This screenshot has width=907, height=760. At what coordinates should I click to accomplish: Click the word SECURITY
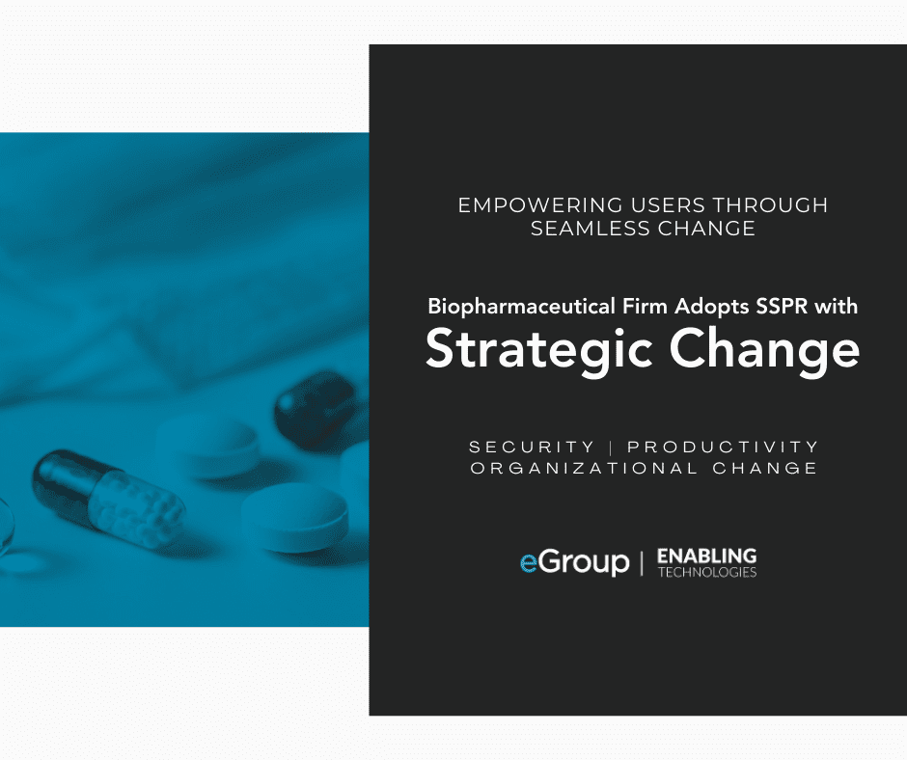[x=532, y=448]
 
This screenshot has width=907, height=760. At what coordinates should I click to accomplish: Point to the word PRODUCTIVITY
[x=723, y=448]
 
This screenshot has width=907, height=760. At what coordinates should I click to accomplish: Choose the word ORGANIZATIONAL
[x=584, y=468]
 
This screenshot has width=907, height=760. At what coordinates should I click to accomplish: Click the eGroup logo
[x=574, y=562]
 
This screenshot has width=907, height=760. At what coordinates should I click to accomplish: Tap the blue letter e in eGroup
[x=529, y=564]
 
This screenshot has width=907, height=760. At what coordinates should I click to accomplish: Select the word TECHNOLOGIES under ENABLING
[x=707, y=572]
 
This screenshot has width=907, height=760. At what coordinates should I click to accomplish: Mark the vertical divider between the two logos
[x=642, y=563]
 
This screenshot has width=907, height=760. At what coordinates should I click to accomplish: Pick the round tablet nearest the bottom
[x=294, y=517]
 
